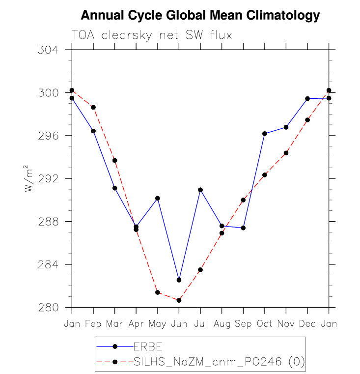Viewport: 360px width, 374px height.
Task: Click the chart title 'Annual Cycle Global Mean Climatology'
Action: coord(200,16)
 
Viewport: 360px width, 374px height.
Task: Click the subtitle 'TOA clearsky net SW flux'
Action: coord(151,35)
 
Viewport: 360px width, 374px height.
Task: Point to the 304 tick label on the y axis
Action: coord(48,50)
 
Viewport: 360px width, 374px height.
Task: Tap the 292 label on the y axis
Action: coord(48,179)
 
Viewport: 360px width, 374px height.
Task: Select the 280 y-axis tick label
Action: coord(48,308)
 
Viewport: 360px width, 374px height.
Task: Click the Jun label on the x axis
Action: coord(179,324)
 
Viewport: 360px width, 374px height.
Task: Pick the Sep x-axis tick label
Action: coord(243,324)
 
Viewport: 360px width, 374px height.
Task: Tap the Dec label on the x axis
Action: coord(307,324)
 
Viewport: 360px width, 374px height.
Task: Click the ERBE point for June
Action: coord(179,280)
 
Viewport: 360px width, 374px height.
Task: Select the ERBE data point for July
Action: coord(200,190)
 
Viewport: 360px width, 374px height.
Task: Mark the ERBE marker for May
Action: coord(158,198)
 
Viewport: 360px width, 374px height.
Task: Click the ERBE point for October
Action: coord(265,134)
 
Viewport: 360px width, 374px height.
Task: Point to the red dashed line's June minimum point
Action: coord(179,300)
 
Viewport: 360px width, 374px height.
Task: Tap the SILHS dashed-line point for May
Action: coord(158,292)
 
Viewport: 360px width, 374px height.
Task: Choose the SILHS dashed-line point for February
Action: coord(93,107)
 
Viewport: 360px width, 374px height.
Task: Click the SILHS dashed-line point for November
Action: coord(286,153)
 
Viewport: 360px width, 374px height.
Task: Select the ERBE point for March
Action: coord(115,188)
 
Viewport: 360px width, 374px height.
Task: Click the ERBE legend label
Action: coord(149,346)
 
